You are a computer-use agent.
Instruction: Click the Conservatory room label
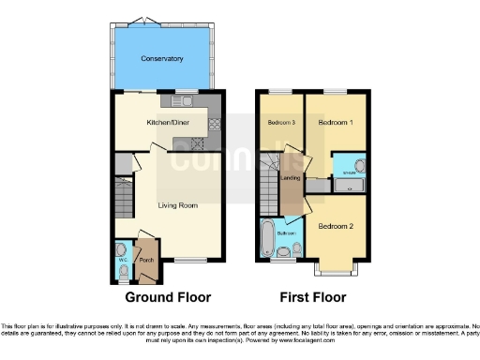161,59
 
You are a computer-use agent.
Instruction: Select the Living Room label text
177,204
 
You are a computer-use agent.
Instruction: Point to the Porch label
145,261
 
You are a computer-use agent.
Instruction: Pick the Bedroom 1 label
336,123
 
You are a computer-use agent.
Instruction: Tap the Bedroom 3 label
280,123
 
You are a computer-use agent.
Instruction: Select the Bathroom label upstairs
286,232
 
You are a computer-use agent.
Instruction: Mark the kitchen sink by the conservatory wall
181,100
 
